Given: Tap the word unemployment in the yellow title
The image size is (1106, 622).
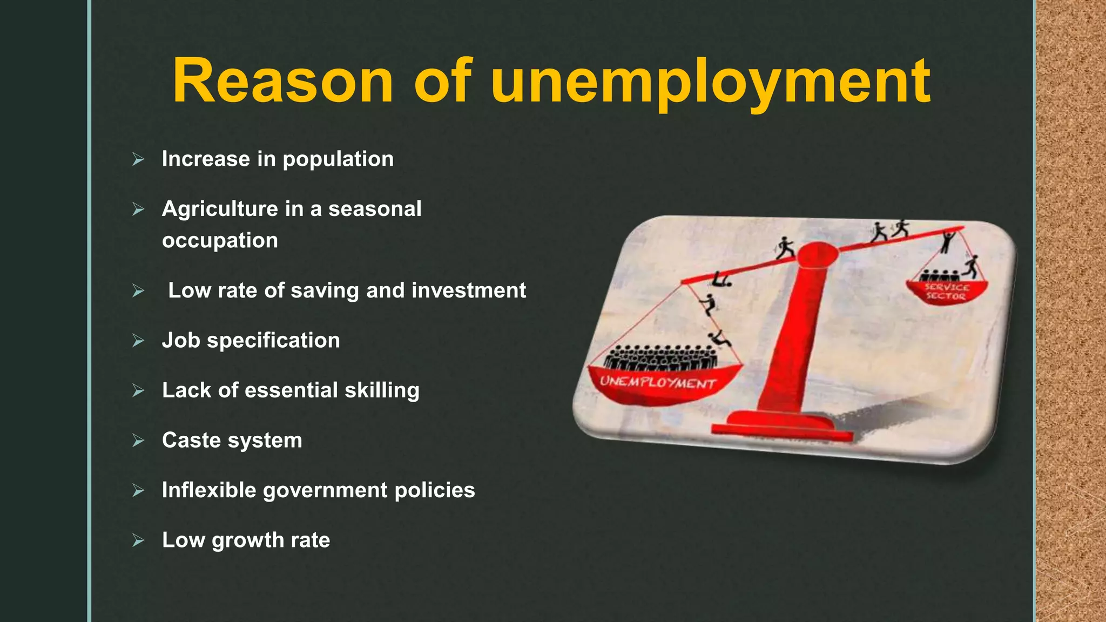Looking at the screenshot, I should tap(711, 82).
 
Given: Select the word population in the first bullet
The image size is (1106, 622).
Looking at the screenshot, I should tap(338, 159).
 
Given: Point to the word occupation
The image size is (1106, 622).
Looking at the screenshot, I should tap(220, 240).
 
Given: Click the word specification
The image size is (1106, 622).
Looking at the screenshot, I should tap(273, 341).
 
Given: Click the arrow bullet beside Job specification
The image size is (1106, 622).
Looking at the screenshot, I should tap(138, 341).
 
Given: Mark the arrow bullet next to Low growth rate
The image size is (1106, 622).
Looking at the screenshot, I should tap(138, 540).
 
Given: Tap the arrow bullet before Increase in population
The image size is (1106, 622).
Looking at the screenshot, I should tap(138, 159).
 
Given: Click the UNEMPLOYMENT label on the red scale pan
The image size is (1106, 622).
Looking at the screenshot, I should tap(658, 382).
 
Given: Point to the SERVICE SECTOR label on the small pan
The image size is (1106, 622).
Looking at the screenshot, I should tap(946, 292).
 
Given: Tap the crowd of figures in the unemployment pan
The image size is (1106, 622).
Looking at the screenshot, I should tap(660, 357).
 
